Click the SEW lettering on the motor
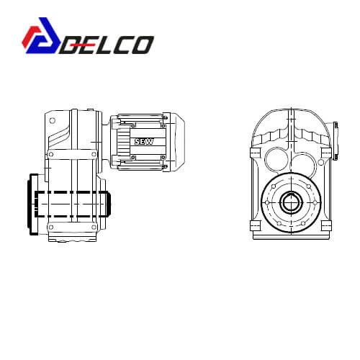(144, 142)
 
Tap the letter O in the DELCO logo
(142, 45)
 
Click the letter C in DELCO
(122, 45)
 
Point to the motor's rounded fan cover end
(178, 142)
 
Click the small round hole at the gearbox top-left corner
(52, 120)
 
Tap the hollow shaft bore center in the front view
(291, 203)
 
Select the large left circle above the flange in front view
(276, 158)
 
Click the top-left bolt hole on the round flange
(274, 186)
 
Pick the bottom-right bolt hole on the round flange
(303, 223)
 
